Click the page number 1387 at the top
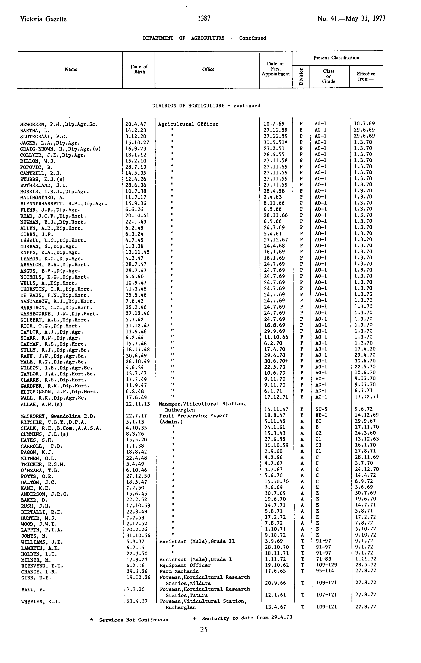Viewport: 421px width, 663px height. [204, 18]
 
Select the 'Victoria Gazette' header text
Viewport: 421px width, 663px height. [43, 19]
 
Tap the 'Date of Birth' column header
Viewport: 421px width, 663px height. [139, 69]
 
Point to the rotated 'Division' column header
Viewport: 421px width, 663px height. [301, 76]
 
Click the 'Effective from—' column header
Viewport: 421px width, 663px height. [366, 76]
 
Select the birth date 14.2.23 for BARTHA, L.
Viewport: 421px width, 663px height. [136, 130]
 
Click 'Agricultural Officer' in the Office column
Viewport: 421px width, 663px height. [188, 124]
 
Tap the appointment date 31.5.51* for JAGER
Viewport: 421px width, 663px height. [276, 142]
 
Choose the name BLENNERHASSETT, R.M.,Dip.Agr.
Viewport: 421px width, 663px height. [63, 204]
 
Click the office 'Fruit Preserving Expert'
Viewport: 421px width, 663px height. [194, 416]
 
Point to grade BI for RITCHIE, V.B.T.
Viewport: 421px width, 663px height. [318, 421]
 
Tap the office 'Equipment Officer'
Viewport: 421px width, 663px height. [185, 565]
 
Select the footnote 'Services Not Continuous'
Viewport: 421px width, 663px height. [133, 620]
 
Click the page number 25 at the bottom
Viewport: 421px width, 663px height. [204, 630]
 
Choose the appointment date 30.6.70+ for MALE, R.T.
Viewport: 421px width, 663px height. [276, 361]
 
